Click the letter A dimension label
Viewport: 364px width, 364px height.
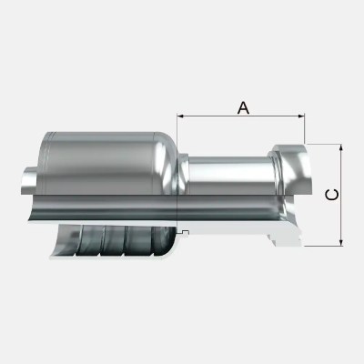243,106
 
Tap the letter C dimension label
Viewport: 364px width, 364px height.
332,193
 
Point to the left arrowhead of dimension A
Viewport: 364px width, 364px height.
182,116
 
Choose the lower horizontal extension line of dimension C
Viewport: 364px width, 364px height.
323,245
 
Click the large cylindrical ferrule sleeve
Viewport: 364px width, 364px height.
105,168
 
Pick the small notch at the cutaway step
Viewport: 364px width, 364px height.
184,235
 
